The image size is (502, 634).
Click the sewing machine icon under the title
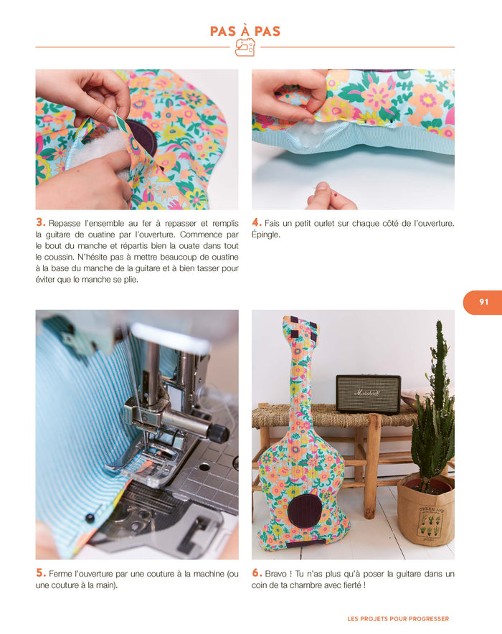(x=245, y=47)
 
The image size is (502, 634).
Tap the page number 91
(x=484, y=302)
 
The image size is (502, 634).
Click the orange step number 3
(x=40, y=222)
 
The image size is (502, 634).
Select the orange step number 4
(x=257, y=222)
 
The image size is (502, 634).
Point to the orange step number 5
(x=40, y=573)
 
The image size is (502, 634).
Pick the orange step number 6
(x=257, y=573)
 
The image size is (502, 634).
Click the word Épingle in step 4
(x=265, y=235)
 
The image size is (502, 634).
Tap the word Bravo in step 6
(x=276, y=574)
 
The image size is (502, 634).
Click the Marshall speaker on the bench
(x=368, y=393)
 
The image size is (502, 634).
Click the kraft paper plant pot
(x=425, y=509)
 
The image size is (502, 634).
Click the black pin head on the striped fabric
(x=90, y=518)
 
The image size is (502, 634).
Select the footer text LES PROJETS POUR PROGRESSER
(x=398, y=619)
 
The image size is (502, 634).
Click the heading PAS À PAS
(x=245, y=31)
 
